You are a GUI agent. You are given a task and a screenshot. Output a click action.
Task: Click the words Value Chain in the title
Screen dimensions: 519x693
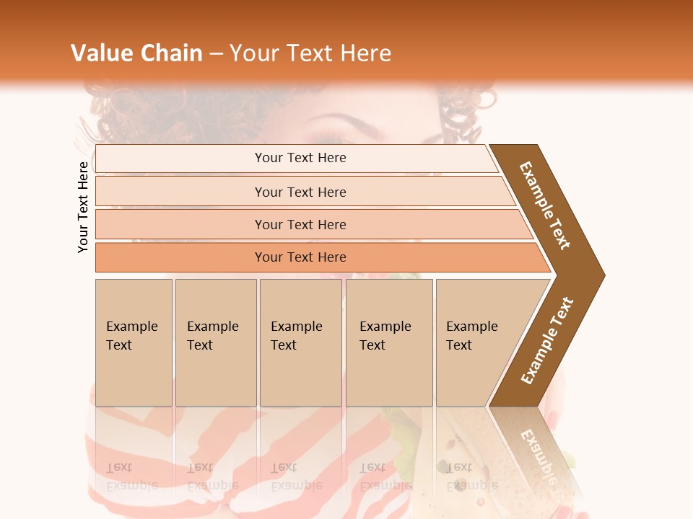coord(136,53)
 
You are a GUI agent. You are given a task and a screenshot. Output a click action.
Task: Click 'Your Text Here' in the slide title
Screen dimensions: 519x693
coord(310,53)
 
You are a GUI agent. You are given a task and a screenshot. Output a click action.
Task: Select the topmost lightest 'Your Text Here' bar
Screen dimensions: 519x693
coord(300,158)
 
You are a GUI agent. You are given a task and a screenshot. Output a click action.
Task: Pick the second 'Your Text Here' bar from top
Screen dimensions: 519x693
coord(300,192)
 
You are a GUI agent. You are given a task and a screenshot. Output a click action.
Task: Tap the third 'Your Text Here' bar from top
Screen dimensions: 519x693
coord(300,224)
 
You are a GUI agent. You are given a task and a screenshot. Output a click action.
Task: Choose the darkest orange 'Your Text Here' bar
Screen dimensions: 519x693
coord(300,257)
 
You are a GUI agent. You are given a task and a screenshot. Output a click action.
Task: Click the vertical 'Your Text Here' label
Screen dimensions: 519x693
coord(83,207)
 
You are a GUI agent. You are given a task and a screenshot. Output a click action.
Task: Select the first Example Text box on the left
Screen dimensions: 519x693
coord(134,342)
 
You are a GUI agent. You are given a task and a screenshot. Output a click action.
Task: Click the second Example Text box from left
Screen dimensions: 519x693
coord(215,342)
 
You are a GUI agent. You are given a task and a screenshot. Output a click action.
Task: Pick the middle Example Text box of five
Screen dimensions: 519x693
coord(300,342)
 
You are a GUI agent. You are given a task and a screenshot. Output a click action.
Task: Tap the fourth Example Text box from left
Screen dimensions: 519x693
coord(388,342)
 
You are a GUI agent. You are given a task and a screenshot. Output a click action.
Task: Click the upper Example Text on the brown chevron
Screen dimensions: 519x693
coord(545,205)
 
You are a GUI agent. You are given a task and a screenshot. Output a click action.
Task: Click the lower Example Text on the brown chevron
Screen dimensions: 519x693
coord(546,340)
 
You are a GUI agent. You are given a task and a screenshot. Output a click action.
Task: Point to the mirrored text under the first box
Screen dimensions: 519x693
coord(131,476)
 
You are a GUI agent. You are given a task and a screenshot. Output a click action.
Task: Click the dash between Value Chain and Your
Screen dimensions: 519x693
coord(216,53)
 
